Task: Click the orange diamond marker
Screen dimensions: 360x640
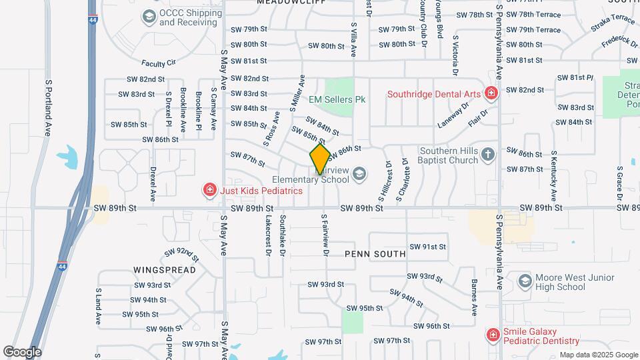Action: click(320, 158)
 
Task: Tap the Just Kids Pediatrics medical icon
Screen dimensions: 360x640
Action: click(209, 191)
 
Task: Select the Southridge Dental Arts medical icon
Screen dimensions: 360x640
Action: click(491, 93)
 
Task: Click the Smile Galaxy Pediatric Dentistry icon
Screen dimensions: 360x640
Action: click(492, 335)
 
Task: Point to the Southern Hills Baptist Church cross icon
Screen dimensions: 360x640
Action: click(488, 155)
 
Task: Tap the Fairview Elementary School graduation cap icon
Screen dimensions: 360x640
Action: click(359, 174)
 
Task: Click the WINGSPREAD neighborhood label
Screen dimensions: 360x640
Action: click(164, 270)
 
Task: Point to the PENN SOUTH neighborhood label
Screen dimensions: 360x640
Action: click(375, 254)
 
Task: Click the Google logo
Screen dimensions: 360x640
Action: click(21, 351)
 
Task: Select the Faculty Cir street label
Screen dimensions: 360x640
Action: click(158, 63)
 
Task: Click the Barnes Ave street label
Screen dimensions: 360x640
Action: click(475, 297)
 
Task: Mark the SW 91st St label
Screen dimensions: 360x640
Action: click(427, 247)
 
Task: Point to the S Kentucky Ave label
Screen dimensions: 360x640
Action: click(553, 176)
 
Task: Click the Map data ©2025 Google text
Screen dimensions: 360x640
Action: click(597, 355)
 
